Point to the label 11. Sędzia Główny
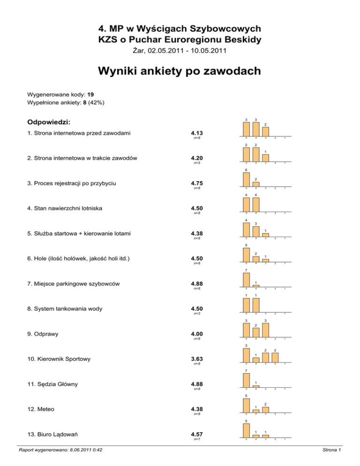coord(53,384)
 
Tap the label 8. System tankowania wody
coord(70,308)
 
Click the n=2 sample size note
coord(197,314)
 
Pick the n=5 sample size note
coord(197,163)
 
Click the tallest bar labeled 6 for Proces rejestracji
coord(246,179)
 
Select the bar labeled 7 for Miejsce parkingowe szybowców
coord(246,279)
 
